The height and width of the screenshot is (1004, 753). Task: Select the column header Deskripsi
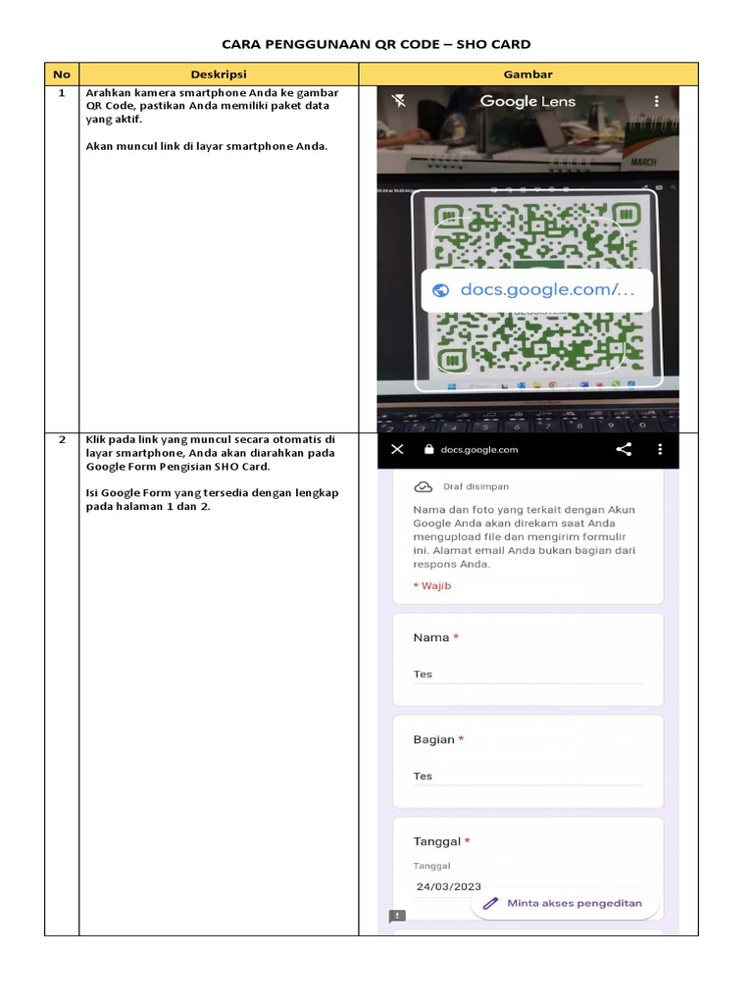(219, 75)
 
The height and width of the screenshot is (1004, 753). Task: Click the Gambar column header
(527, 75)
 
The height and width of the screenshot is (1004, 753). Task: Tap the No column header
(62, 75)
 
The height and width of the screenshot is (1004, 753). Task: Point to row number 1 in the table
(62, 93)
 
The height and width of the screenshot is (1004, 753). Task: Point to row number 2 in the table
(62, 440)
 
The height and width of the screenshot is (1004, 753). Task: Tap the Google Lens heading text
(527, 101)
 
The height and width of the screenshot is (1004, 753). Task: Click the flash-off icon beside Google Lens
(398, 101)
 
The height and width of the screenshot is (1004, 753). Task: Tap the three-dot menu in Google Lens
(656, 101)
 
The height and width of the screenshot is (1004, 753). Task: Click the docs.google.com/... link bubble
(536, 289)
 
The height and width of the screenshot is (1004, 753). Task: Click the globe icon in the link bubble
(440, 289)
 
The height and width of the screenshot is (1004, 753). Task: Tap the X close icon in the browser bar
(397, 449)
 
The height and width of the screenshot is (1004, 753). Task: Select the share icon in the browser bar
(624, 449)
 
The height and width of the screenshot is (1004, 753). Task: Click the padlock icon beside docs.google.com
(427, 450)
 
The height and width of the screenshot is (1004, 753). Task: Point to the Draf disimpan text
(476, 486)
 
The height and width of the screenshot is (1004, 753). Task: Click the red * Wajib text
(432, 585)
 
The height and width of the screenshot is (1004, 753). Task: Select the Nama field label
(431, 637)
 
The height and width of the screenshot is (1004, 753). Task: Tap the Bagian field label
(434, 739)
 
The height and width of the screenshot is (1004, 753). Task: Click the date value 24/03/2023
(448, 886)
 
